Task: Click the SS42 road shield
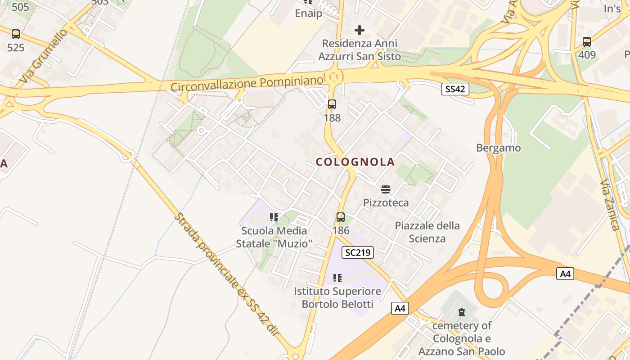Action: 454,89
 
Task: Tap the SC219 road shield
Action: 358,252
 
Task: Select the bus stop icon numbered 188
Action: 332,104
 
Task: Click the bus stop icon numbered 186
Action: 341,217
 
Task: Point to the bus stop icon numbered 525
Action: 16,34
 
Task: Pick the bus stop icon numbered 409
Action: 587,42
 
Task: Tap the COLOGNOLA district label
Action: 355,162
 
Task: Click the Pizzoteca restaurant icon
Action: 386,189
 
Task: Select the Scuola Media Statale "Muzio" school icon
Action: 274,217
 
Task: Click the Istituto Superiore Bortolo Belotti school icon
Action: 337,278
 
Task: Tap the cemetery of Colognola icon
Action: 461,312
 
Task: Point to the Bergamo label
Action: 499,148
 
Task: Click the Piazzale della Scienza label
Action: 427,232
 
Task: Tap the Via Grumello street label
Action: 43,56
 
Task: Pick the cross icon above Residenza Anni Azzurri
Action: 360,30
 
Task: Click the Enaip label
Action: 309,13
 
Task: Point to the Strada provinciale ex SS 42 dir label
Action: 226,274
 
